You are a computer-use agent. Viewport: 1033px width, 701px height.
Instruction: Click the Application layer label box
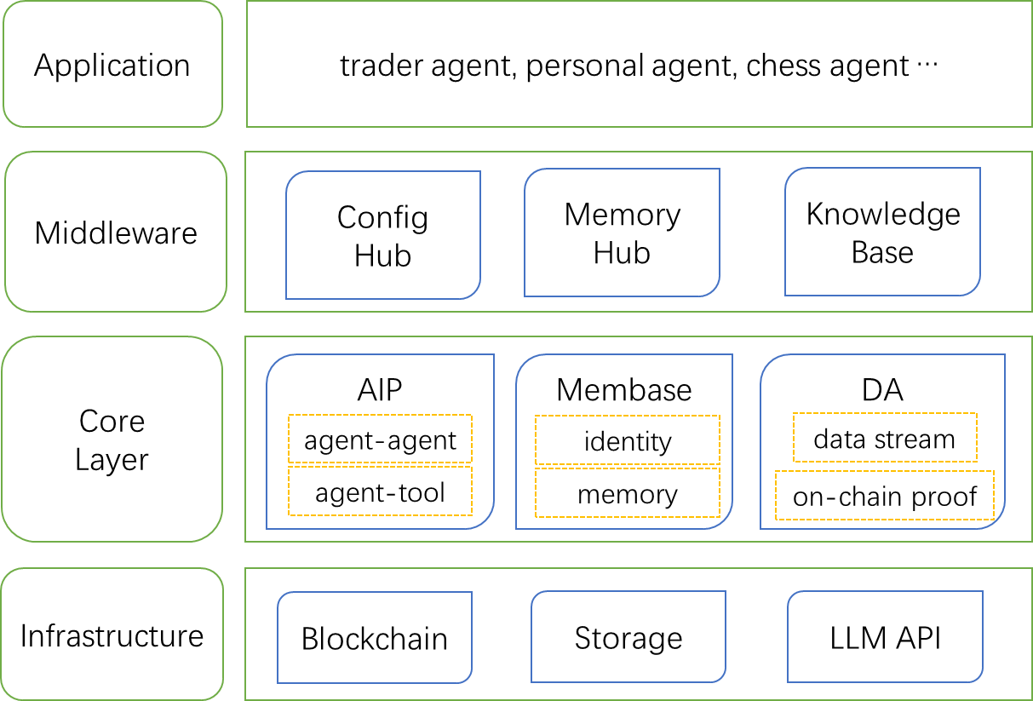[112, 65]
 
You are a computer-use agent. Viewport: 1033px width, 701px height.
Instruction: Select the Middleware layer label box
[116, 233]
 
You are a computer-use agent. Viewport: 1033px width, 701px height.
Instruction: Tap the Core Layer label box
[112, 440]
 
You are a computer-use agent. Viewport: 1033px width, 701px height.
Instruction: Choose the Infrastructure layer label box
[112, 635]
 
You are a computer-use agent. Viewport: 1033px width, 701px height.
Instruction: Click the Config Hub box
[383, 235]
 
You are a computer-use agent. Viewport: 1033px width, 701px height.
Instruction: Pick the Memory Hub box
[622, 233]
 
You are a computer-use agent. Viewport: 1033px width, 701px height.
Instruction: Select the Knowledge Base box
[882, 233]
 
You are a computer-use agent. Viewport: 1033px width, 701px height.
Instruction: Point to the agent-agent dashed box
[380, 440]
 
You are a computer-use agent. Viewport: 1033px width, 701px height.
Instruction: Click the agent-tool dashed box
[380, 491]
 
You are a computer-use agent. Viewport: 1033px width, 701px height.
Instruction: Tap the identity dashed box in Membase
[627, 440]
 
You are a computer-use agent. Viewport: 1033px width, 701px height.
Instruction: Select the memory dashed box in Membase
[627, 493]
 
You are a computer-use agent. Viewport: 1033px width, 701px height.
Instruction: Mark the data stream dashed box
[884, 439]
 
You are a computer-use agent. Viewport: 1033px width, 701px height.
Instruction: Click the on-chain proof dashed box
[884, 496]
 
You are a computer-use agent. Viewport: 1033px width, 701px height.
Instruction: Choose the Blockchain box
[375, 638]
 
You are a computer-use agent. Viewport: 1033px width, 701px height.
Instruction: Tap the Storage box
[628, 637]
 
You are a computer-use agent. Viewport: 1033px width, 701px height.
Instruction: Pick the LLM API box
[885, 637]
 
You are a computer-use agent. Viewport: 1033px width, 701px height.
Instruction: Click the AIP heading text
[380, 389]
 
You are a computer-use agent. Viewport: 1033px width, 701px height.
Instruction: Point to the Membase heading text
[624, 389]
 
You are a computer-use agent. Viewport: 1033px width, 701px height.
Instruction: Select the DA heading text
[882, 389]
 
